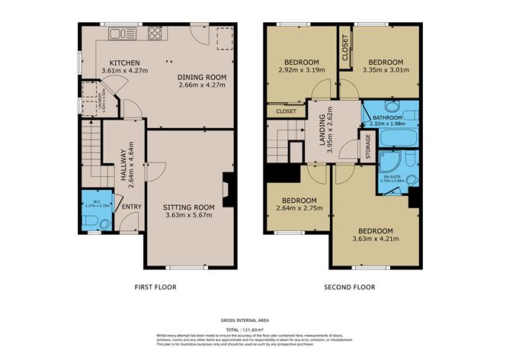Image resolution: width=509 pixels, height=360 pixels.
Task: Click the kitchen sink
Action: [x=120, y=33]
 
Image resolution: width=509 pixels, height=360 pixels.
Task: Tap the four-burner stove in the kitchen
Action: [x=155, y=33]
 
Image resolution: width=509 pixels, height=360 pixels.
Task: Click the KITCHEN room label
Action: [x=123, y=63]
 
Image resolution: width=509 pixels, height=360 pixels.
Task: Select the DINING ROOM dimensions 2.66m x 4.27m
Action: [x=203, y=85]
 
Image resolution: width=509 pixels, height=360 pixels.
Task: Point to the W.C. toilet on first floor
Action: [x=92, y=221]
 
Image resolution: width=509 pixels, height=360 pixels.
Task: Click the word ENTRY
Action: [x=131, y=206]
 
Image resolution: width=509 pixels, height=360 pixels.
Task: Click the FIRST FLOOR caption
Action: [x=155, y=288]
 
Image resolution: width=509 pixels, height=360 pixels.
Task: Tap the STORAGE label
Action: [x=369, y=146]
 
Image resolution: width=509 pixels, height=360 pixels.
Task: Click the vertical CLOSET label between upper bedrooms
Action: [x=345, y=47]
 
